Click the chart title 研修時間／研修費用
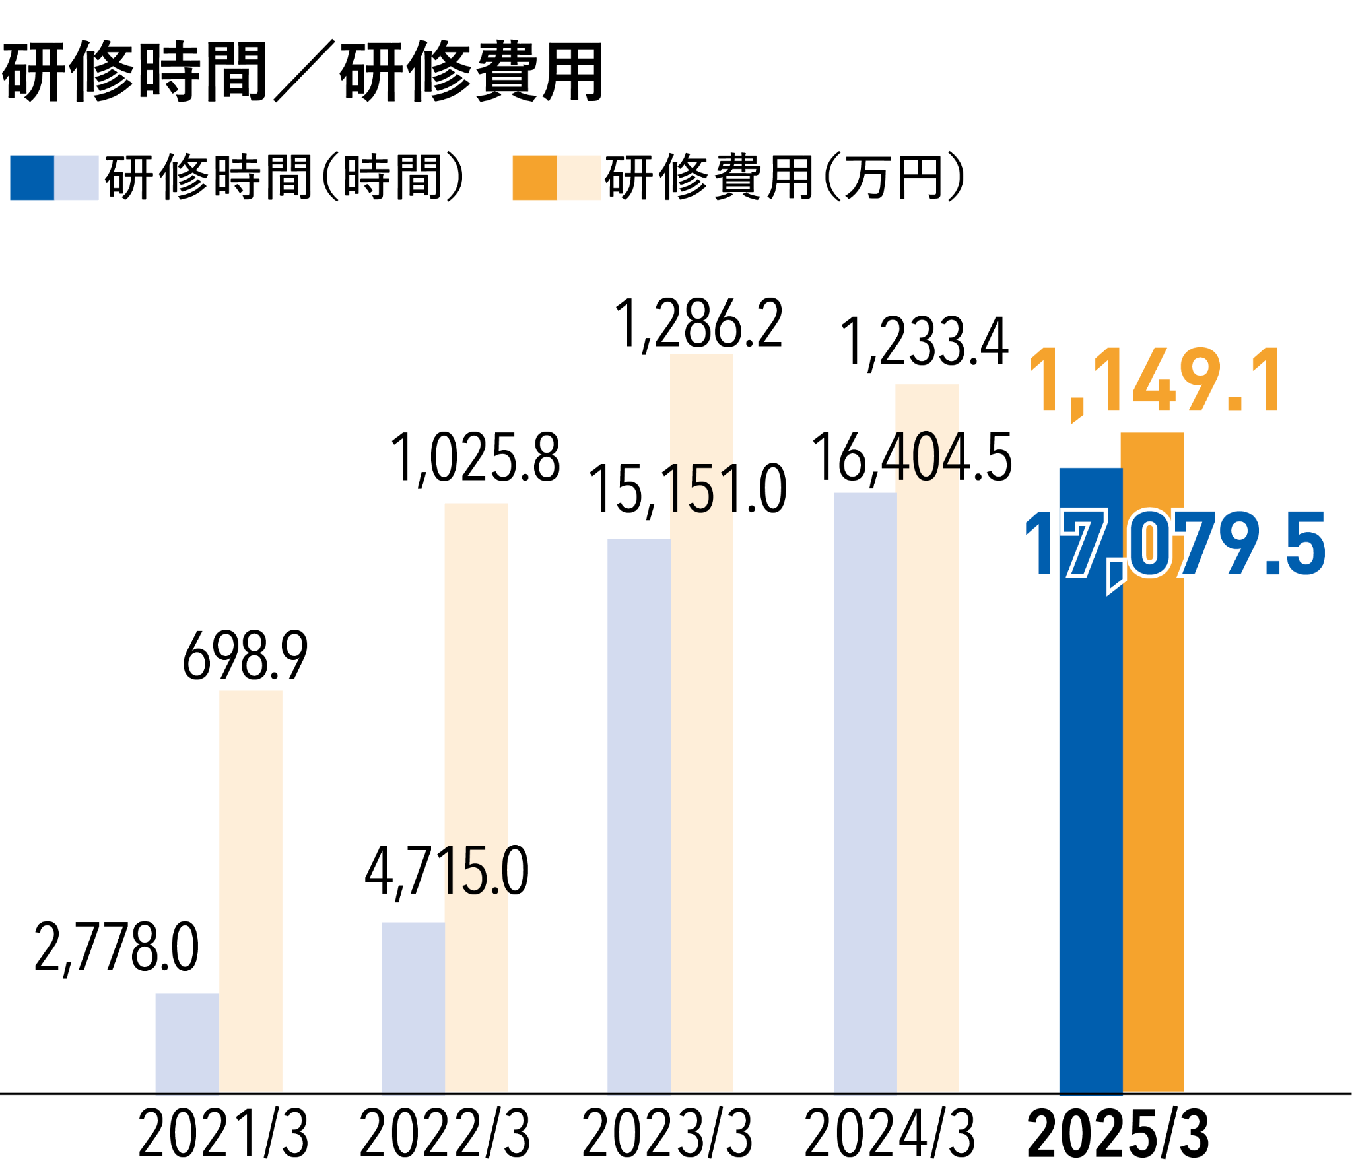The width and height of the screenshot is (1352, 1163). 302,71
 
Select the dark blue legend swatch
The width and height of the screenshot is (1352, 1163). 32,178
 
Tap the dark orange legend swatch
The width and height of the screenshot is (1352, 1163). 534,178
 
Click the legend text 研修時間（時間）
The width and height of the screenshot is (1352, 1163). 284,178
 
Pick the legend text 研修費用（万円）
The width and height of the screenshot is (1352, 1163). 784,178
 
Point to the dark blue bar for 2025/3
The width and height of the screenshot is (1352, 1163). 1091,825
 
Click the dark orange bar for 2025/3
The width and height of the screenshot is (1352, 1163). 1153,825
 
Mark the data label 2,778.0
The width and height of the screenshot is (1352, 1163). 116,949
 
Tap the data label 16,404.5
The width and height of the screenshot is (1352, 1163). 911,457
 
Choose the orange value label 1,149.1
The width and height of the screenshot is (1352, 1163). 1155,382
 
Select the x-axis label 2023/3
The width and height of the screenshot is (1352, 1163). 667,1133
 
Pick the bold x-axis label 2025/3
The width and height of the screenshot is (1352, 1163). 1118,1133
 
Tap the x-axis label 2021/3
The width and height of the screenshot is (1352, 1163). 223,1133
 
